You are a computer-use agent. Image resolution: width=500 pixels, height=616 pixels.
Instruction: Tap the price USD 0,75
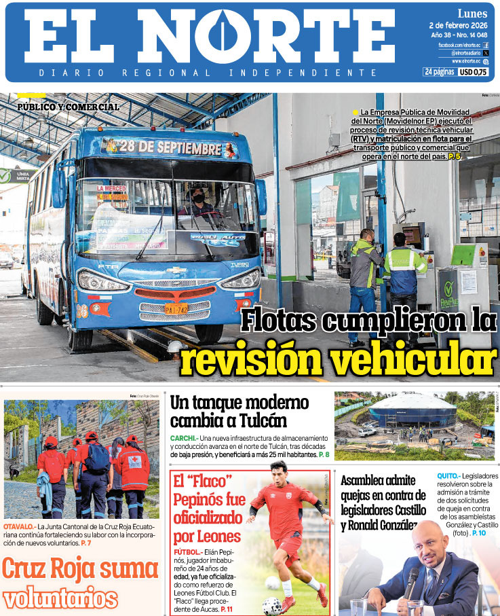click(474, 72)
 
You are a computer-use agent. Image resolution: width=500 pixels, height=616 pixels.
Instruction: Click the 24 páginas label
click(439, 72)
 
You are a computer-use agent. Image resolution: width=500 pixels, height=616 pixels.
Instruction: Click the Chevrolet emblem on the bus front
click(176, 270)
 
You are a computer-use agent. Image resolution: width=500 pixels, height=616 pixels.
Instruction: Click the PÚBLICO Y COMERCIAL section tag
click(69, 107)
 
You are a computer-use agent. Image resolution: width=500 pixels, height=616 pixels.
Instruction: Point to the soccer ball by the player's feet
click(272, 604)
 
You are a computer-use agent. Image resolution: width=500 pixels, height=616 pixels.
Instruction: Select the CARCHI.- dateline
click(184, 438)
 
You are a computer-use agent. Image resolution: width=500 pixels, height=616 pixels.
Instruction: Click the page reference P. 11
click(227, 609)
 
